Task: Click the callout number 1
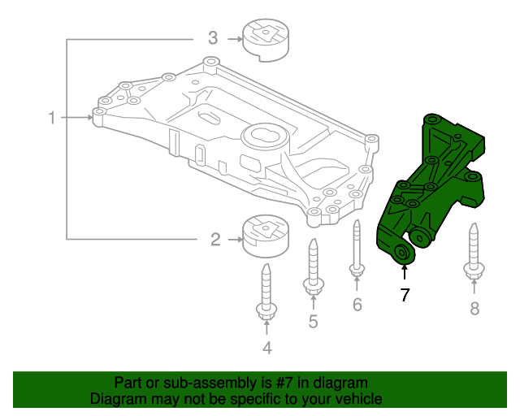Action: (x=51, y=119)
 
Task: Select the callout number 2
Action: (x=215, y=239)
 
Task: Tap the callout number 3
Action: (x=213, y=37)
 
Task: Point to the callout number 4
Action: (x=266, y=349)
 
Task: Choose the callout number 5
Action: (x=313, y=322)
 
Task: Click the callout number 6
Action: (x=357, y=305)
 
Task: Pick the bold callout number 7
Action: (x=405, y=295)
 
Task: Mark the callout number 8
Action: (x=474, y=308)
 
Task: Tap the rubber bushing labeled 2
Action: (x=266, y=237)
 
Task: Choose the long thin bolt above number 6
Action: (x=357, y=248)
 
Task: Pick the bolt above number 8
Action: (x=474, y=251)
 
